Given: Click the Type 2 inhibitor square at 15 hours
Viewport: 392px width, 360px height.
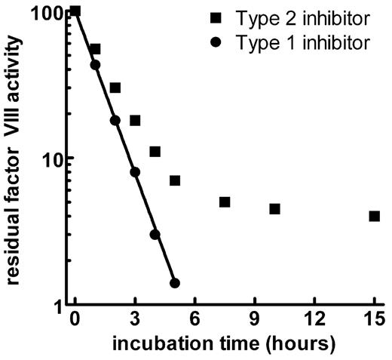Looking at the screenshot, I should pos(375,216).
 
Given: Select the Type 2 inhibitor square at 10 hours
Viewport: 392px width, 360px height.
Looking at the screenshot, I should pos(274,208).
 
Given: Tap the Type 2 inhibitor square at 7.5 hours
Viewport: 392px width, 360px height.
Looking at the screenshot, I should pos(225,202).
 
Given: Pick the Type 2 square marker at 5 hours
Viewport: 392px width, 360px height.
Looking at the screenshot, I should pos(175,180).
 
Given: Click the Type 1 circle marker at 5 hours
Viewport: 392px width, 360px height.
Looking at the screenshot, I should pos(175,283).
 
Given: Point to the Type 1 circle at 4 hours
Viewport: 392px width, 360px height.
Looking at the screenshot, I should pos(155,235).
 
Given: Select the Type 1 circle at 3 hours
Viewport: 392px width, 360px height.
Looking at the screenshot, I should pos(135,172).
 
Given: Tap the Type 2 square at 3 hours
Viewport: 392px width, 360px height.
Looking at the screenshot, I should pos(135,120).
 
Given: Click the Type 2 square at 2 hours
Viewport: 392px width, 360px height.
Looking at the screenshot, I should pos(115,88).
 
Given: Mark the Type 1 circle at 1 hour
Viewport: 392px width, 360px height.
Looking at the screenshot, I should pos(95,65).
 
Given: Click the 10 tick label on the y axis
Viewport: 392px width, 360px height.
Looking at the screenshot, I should pos(54,158).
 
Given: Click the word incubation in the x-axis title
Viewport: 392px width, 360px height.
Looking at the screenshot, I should pos(152,344).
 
